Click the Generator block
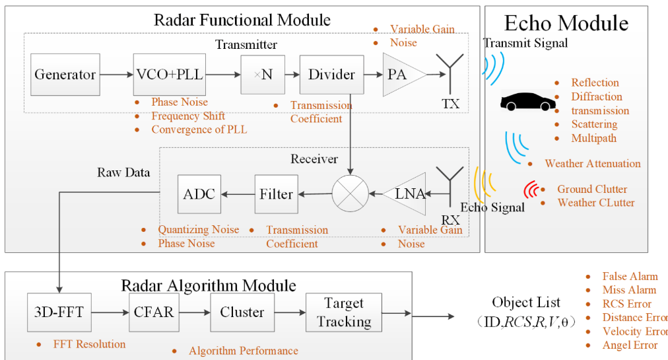[65, 75]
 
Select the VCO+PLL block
[169, 75]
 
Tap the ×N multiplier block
[263, 75]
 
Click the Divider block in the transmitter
[331, 75]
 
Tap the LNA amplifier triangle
[403, 194]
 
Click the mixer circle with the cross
[350, 194]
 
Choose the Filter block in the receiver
[276, 194]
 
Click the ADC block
[199, 194]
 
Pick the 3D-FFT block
[59, 312]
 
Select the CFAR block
[152, 312]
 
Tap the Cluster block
[242, 312]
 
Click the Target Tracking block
[343, 312]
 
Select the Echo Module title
[566, 23]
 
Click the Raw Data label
[123, 172]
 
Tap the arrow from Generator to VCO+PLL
[116, 75]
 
